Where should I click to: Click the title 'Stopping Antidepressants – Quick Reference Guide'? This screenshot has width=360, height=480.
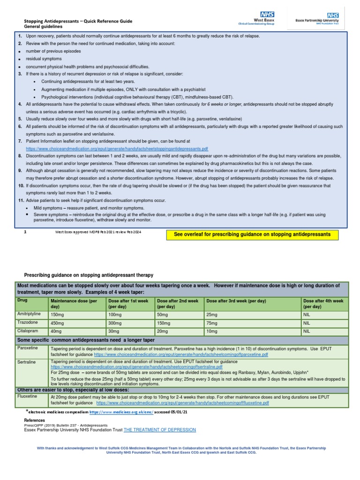pyautogui.click(x=78, y=21)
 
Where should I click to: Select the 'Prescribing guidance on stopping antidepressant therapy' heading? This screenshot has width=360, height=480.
pyautogui.click(x=89, y=275)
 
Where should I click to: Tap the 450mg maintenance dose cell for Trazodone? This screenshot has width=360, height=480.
pyautogui.click(x=59, y=323)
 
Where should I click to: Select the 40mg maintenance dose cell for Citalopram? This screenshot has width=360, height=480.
pyautogui.click(x=57, y=331)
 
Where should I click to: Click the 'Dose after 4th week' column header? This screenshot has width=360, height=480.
pyautogui.click(x=323, y=303)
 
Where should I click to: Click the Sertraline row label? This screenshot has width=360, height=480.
pyautogui.click(x=27, y=362)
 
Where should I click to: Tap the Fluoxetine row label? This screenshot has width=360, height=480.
pyautogui.click(x=28, y=396)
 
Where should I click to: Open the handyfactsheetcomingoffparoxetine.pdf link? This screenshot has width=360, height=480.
pyautogui.click(x=181, y=355)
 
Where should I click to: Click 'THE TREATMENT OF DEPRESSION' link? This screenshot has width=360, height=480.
pyautogui.click(x=159, y=430)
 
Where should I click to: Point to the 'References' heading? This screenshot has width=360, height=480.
pyautogui.click(x=35, y=420)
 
